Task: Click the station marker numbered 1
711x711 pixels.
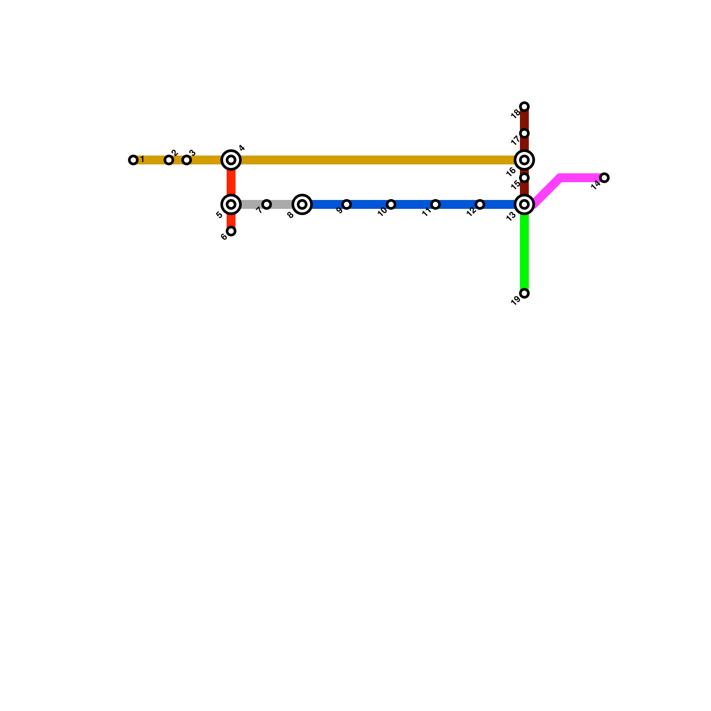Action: [x=133, y=160]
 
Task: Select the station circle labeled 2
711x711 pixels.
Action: [x=169, y=160]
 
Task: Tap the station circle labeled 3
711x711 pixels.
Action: [x=187, y=160]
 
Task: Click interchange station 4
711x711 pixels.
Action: [x=231, y=160]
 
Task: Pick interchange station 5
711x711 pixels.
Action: [x=231, y=204]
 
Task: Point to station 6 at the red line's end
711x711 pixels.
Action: [x=231, y=231]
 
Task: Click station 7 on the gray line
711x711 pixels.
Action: [x=267, y=204]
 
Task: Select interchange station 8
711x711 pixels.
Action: [x=302, y=204]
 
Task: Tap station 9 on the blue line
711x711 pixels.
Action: [x=347, y=204]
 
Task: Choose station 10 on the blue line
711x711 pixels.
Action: [x=391, y=204]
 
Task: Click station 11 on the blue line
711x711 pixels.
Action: [x=435, y=204]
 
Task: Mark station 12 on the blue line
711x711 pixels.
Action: [x=480, y=204]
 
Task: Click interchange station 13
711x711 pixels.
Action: [x=524, y=204]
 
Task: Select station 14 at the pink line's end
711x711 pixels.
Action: [x=604, y=178]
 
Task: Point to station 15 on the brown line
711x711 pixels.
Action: [x=524, y=178]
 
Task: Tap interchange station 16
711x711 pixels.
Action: [x=524, y=160]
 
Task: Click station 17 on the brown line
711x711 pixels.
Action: [x=524, y=133]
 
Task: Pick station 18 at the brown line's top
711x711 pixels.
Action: [x=524, y=107]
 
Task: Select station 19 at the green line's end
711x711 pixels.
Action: [x=524, y=293]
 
